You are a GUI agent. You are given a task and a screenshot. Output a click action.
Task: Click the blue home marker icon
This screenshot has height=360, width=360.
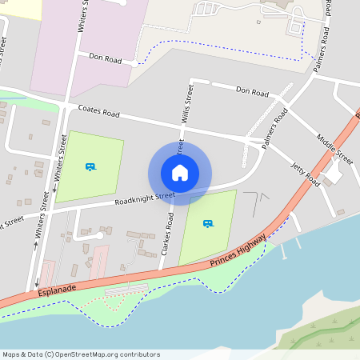pos(180,172)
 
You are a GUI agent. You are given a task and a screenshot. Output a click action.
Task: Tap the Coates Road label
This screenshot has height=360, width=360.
pos(98,112)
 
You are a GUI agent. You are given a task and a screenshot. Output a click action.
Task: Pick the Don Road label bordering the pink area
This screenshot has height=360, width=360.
pos(105,58)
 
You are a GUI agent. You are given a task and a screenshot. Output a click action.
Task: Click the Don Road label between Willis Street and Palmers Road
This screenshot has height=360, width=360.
pos(252,92)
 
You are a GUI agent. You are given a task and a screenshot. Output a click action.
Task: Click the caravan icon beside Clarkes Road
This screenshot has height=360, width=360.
pos(208,224)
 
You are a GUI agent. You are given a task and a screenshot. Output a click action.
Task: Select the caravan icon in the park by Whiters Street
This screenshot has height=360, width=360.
pos(90,166)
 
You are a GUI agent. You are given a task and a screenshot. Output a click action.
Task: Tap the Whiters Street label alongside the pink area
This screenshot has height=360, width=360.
pos(81,24)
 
